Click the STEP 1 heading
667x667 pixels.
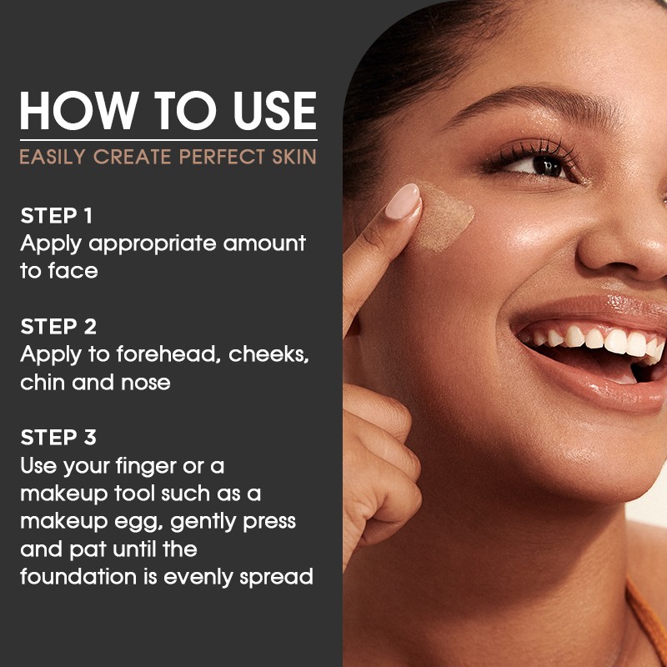point(57,216)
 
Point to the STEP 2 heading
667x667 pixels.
point(58,326)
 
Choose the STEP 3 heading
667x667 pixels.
point(58,437)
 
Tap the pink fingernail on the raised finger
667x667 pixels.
point(403,201)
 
